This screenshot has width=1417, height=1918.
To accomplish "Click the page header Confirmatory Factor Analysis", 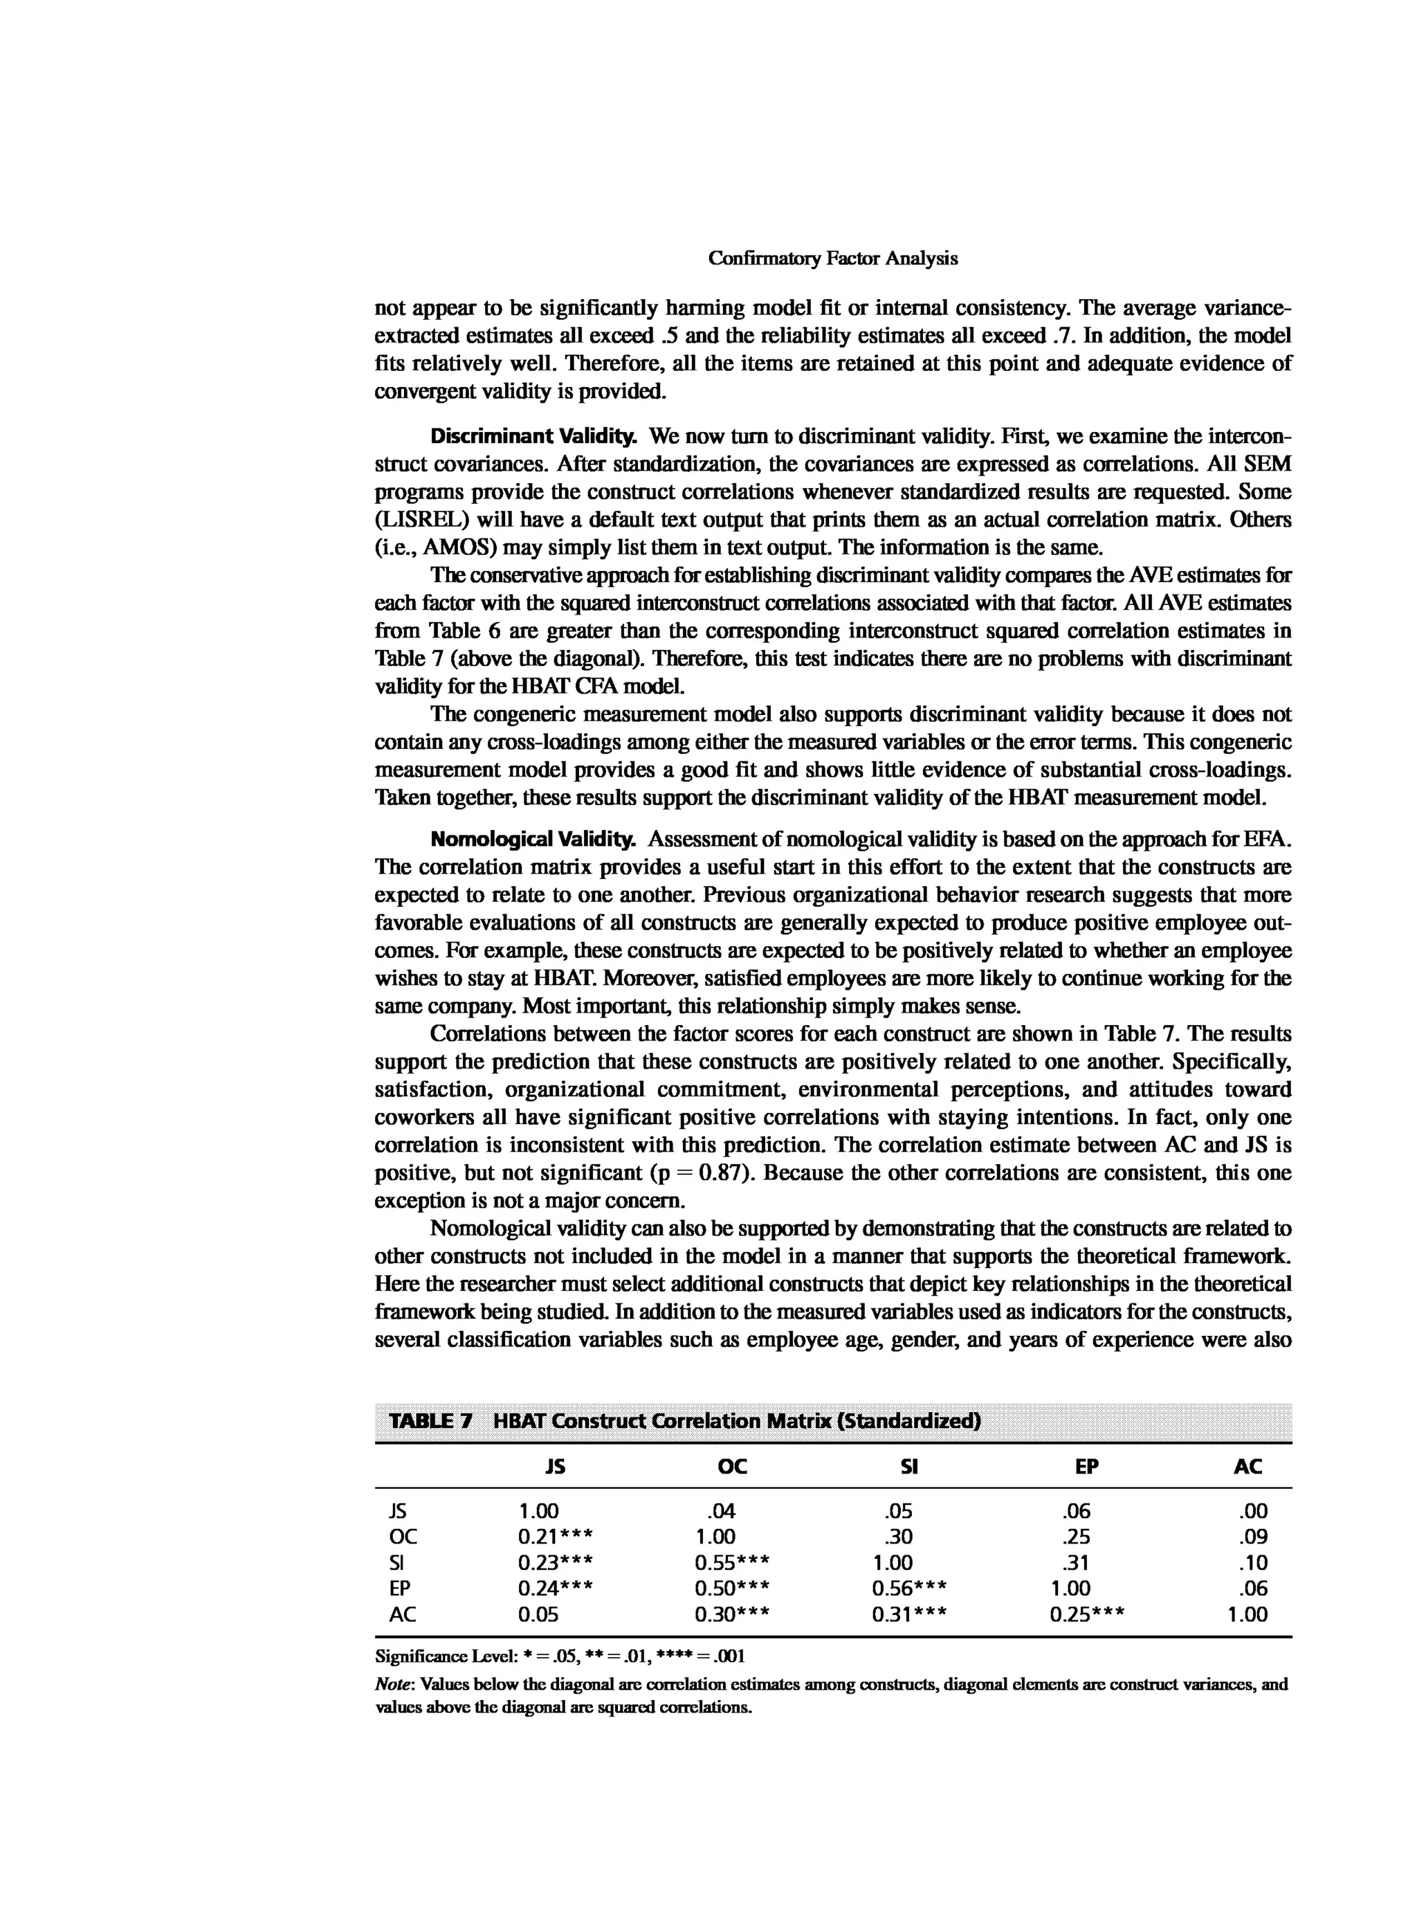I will coord(832,258).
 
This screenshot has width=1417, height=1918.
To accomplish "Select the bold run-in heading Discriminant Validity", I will coord(533,437).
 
